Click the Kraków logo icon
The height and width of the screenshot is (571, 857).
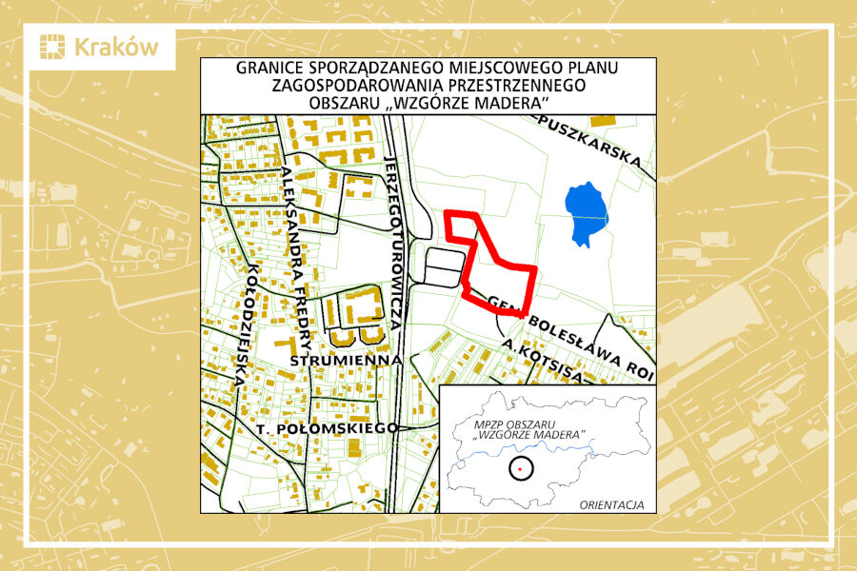pos(54,48)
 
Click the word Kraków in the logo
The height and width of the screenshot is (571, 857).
pos(115,48)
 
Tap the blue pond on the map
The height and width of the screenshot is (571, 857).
pos(584,211)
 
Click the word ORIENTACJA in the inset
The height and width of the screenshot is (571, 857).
pos(611,503)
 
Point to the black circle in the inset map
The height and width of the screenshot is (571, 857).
pos(520,468)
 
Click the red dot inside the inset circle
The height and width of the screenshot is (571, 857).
pos(520,468)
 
